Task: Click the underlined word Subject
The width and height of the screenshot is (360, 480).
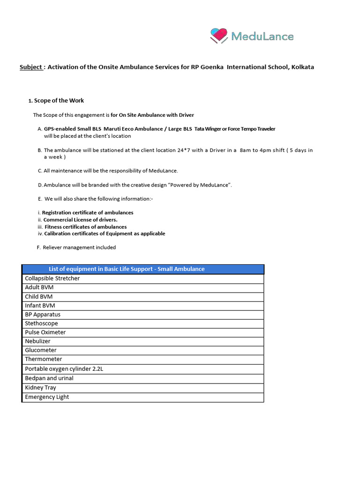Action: click(x=31, y=67)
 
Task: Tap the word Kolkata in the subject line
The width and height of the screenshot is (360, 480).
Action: click(x=302, y=67)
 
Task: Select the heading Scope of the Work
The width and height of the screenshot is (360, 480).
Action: click(x=59, y=101)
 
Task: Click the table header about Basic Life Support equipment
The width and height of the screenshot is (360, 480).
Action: click(x=127, y=269)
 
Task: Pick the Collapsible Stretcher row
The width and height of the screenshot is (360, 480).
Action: click(x=52, y=278)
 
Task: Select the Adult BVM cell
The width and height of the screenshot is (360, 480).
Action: click(x=39, y=287)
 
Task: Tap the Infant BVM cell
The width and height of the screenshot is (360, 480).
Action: click(x=40, y=306)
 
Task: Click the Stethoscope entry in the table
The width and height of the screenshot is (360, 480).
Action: click(x=42, y=323)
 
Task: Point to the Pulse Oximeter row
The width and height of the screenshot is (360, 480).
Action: click(x=45, y=332)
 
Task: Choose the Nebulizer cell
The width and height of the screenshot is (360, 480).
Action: click(x=37, y=341)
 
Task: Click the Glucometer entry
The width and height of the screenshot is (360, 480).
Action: click(x=41, y=350)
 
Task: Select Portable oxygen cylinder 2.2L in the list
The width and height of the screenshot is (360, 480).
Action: click(x=64, y=369)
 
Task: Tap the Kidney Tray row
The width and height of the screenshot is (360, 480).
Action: click(x=41, y=388)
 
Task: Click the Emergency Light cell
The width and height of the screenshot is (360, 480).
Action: click(x=47, y=397)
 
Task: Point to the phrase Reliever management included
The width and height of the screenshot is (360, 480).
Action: click(x=79, y=247)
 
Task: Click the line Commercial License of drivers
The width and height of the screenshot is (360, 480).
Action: click(x=81, y=220)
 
